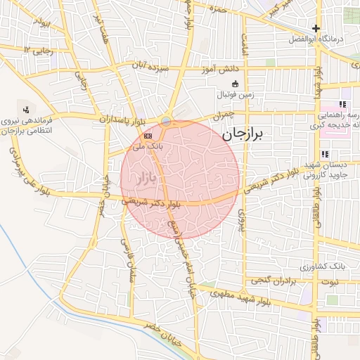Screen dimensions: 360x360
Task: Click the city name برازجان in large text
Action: (241, 136)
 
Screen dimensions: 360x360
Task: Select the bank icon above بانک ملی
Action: (148, 135)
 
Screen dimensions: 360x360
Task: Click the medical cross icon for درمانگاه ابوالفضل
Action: (316, 30)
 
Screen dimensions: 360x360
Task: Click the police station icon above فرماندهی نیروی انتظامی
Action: (26, 109)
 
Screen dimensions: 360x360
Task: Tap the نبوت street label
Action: (328, 282)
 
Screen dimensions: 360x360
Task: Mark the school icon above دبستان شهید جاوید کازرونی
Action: (324, 154)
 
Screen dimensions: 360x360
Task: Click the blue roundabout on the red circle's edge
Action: (165, 122)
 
